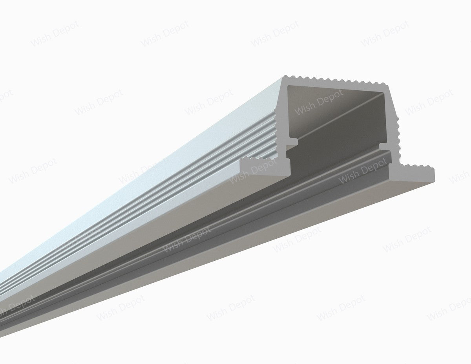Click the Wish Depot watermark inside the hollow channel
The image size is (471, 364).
(318, 102)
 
